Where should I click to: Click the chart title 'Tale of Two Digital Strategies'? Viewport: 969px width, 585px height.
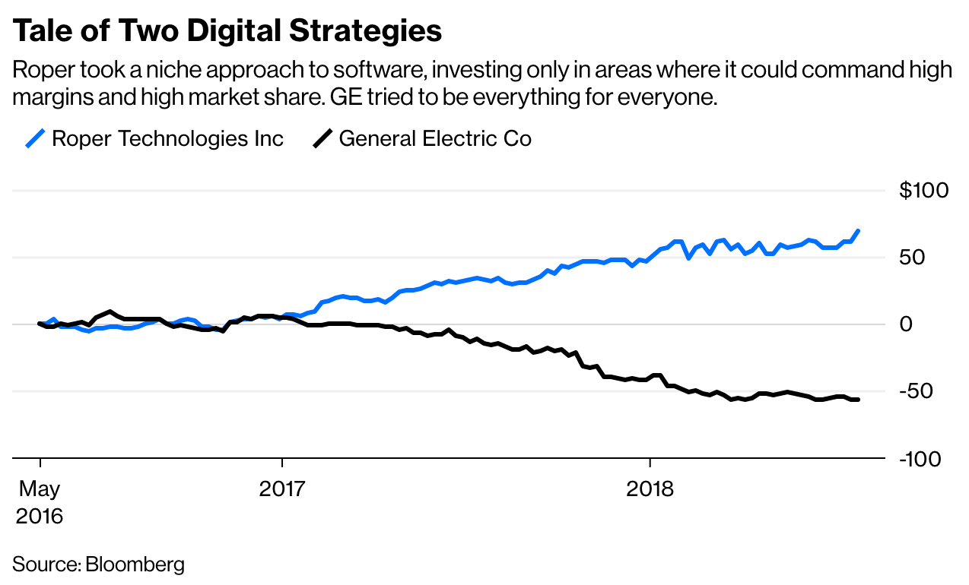pos(227,31)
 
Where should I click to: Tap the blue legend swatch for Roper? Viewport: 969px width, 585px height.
pos(35,139)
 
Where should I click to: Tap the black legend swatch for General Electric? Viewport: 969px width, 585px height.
pos(322,139)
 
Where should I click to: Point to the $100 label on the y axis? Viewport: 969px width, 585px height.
pos(923,190)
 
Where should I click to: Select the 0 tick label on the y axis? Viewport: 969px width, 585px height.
pos(906,324)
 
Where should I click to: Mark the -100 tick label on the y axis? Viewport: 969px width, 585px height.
pos(922,459)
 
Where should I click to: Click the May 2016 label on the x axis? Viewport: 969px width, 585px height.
pos(39,501)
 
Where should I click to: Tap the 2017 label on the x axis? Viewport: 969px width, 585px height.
pos(282,489)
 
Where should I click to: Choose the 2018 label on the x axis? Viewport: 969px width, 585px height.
pos(650,489)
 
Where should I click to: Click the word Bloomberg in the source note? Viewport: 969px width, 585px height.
pos(135,564)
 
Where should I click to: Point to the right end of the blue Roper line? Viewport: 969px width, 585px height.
pos(858,231)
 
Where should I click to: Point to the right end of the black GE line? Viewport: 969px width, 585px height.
pos(858,400)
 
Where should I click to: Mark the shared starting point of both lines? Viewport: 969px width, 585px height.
pos(40,324)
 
